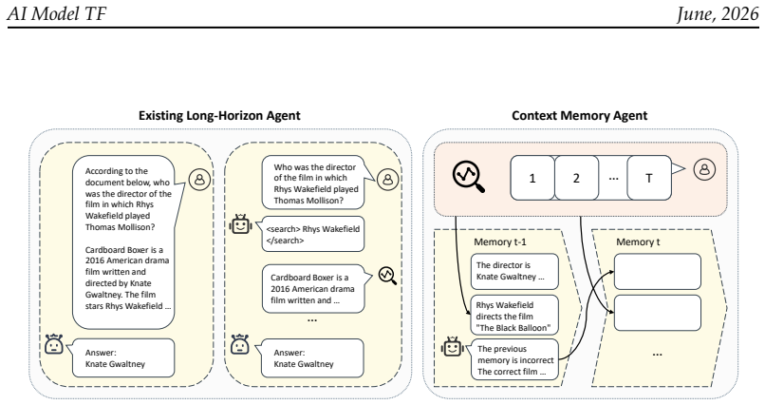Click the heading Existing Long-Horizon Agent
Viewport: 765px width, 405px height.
(x=219, y=116)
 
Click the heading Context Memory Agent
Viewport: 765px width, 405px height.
(x=579, y=116)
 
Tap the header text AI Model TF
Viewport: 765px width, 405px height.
(x=56, y=13)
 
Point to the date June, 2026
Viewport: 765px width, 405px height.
(x=718, y=13)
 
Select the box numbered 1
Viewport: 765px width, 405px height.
(x=532, y=178)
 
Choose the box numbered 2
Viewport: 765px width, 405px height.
(x=576, y=178)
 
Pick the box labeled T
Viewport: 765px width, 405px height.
(x=649, y=178)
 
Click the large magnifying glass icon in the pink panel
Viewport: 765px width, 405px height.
(x=468, y=177)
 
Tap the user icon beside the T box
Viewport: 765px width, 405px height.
(x=704, y=169)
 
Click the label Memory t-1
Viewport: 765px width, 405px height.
(x=500, y=241)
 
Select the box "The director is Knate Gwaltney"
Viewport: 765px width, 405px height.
(x=514, y=271)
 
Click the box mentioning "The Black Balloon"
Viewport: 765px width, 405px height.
(x=514, y=316)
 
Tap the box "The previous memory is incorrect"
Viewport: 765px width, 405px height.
(x=514, y=359)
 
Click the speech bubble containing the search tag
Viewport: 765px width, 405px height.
(x=312, y=235)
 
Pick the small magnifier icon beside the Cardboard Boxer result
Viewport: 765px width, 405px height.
(x=387, y=276)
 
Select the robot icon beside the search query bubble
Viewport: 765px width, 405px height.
(x=240, y=224)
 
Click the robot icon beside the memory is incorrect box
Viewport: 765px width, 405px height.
(x=453, y=346)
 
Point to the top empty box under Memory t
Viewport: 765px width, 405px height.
(x=657, y=271)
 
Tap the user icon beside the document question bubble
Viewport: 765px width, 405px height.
(x=199, y=180)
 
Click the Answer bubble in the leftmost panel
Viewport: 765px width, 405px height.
(x=123, y=358)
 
